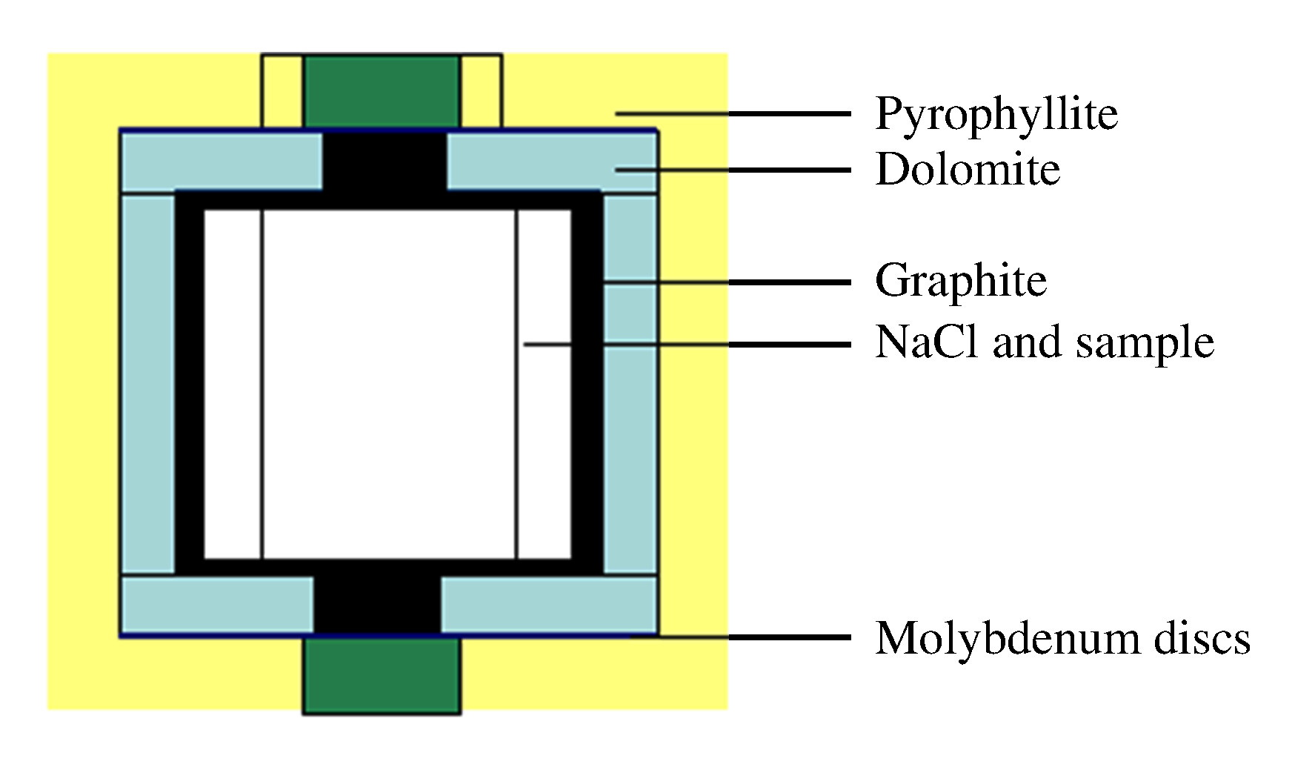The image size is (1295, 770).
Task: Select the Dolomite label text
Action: coord(968,169)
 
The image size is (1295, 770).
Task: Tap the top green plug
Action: coord(381,91)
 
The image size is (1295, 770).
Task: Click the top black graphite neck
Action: coord(384,162)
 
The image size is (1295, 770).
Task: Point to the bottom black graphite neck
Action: coord(378,604)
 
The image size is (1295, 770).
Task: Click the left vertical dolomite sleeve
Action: coord(148,385)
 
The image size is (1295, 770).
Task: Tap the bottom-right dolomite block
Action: coord(549,605)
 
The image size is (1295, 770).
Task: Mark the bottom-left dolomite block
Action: coord(218,605)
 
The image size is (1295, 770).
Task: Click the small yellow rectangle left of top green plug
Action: coord(282,91)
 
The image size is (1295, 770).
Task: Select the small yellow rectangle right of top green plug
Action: coord(481,91)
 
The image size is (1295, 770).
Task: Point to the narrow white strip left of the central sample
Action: coord(233,385)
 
